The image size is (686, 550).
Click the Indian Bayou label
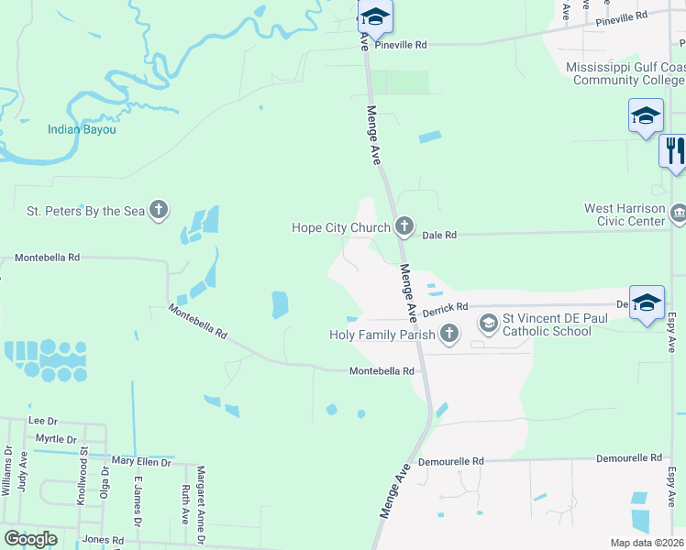83,129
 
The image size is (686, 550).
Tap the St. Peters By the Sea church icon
159,211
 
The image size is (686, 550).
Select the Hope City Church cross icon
404,227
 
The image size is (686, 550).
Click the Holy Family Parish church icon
449,335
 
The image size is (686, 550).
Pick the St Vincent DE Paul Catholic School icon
489,323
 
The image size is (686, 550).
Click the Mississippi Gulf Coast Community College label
625,74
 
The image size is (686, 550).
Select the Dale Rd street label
439,236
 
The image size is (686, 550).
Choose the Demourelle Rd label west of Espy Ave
628,457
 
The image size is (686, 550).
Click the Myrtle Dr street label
56,439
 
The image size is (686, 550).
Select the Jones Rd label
103,541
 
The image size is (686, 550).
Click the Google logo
30,539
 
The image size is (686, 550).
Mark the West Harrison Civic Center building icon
678,214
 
